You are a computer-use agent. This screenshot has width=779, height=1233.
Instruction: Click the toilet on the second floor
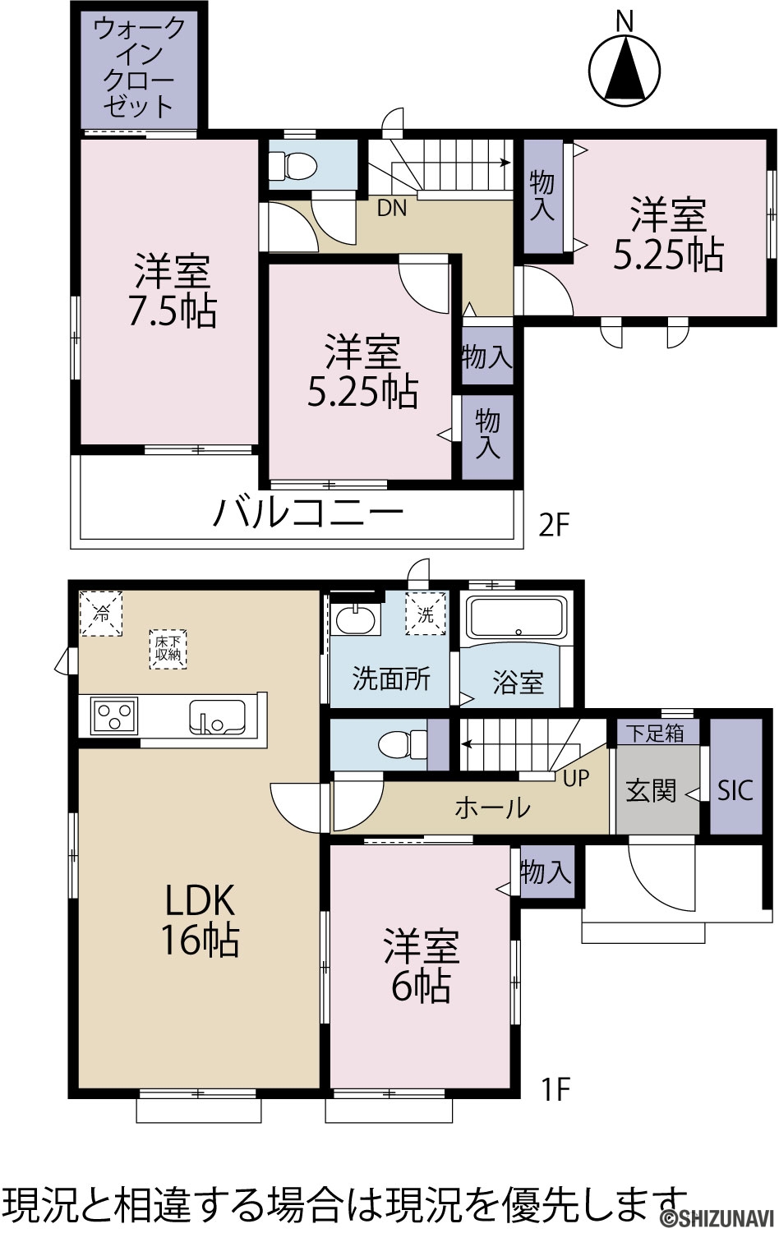tap(292, 164)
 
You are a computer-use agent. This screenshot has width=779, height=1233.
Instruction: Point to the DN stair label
tap(391, 208)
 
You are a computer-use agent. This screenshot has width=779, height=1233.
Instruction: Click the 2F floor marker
tap(553, 525)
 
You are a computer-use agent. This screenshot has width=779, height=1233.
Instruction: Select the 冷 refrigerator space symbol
tap(101, 613)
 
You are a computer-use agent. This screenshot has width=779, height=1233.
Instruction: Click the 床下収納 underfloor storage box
tap(168, 649)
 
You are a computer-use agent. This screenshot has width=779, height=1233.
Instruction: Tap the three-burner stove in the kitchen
tap(114, 715)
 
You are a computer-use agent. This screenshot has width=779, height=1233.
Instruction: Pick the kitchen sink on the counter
tap(218, 716)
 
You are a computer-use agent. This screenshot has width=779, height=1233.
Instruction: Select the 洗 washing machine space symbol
tap(426, 614)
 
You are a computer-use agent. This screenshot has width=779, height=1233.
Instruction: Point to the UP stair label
tap(576, 778)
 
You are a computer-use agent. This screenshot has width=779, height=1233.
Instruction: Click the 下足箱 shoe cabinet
tap(655, 733)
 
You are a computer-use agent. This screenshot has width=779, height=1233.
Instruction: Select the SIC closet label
tap(735, 790)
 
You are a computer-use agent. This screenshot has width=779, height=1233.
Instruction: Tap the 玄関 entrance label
tap(651, 791)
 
